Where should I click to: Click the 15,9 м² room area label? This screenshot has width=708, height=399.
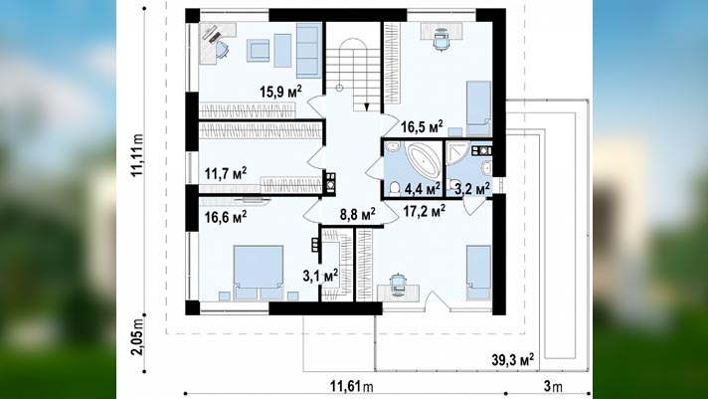(280, 92)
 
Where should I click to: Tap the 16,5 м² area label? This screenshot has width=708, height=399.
(422, 126)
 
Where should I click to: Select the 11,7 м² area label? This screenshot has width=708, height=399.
(226, 173)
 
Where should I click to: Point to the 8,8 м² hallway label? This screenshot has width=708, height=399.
(358, 214)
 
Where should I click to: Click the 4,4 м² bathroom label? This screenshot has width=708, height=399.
(423, 189)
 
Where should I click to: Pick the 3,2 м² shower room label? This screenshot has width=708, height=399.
(472, 189)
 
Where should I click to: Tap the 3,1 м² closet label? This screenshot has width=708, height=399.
(320, 276)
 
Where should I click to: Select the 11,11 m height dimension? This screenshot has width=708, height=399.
(137, 155)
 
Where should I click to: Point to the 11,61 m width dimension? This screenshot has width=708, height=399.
(352, 387)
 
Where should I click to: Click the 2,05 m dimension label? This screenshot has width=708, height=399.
(137, 336)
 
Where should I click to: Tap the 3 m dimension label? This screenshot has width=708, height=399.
(553, 387)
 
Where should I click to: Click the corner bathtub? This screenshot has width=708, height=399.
(423, 160)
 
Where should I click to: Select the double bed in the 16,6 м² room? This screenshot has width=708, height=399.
(259, 272)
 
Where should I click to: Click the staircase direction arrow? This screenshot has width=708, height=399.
(367, 106)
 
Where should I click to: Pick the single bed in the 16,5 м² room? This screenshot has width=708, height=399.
(478, 102)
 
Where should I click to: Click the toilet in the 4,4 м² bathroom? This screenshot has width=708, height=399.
(395, 188)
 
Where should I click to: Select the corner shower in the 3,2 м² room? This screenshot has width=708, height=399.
(456, 153)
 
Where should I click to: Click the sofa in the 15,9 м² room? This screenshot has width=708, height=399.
(309, 50)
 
